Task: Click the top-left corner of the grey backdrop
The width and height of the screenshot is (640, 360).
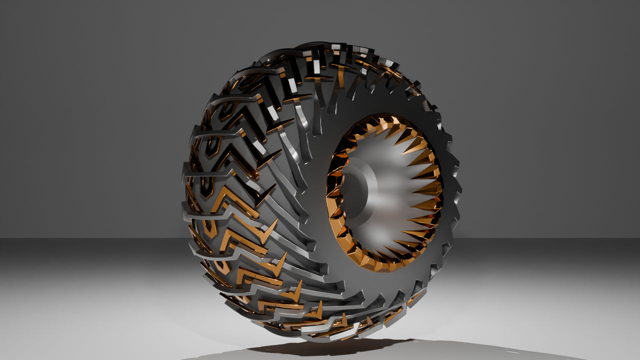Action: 2,2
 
